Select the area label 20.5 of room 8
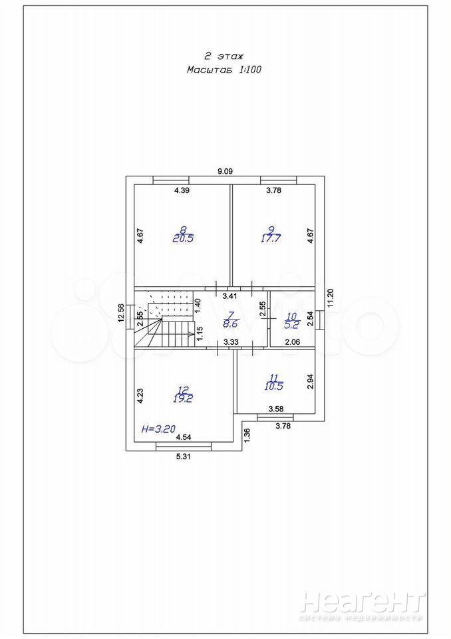click(182, 238)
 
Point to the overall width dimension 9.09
click(225, 171)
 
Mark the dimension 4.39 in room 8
click(182, 192)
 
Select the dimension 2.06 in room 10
click(293, 341)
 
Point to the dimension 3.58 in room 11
click(276, 408)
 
